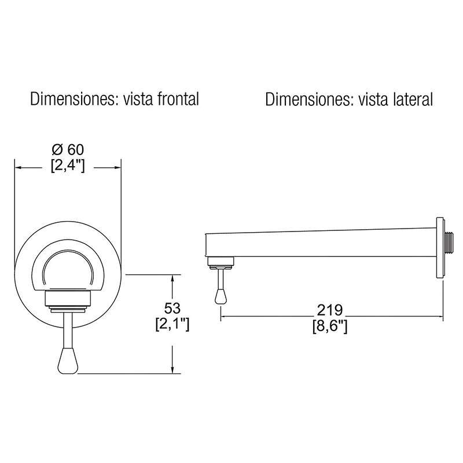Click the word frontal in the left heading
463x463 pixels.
178,98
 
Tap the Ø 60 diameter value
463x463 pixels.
68,150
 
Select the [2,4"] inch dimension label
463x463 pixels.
68,167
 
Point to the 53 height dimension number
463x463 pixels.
172,308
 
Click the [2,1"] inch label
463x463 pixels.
172,325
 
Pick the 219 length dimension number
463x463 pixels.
330,310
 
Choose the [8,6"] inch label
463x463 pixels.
330,326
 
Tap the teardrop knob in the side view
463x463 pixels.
221,296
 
